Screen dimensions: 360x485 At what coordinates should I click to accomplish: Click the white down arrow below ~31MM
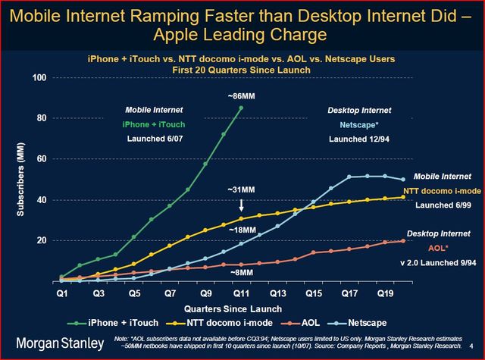point(240,204)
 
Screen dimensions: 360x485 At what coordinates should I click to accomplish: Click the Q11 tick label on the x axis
point(241,292)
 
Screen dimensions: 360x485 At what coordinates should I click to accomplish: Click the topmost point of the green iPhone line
point(241,108)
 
